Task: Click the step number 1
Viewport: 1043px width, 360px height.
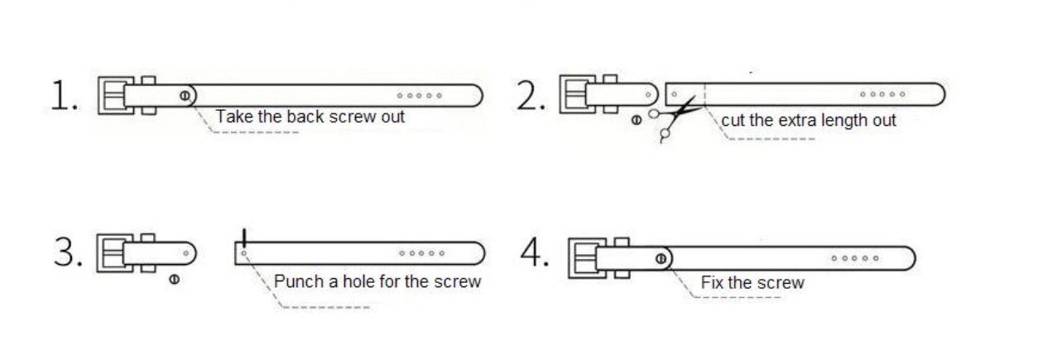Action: tap(64, 95)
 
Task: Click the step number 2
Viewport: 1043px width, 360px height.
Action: tap(531, 95)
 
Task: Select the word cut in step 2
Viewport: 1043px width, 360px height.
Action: tap(733, 121)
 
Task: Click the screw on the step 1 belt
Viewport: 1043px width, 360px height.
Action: tap(185, 95)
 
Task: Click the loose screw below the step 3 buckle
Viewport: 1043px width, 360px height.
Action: tap(174, 280)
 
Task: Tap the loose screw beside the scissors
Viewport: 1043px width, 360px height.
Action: tap(637, 120)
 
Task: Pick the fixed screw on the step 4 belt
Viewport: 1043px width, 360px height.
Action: tap(661, 258)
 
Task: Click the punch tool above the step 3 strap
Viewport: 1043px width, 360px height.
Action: tap(244, 238)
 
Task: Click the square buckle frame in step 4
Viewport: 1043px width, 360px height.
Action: tap(570, 258)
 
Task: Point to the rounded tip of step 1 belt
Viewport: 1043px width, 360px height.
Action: tap(483, 95)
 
